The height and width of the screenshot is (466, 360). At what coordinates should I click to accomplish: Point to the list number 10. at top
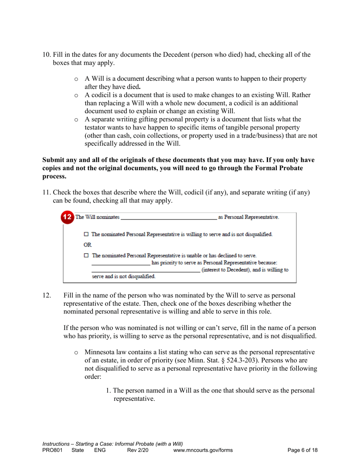coord(46,55)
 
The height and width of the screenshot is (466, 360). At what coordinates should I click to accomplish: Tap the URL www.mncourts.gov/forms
coord(203,450)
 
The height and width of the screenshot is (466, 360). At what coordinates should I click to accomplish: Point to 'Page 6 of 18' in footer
coord(302,450)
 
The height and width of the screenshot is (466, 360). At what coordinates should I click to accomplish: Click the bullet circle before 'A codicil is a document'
coord(76,95)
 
